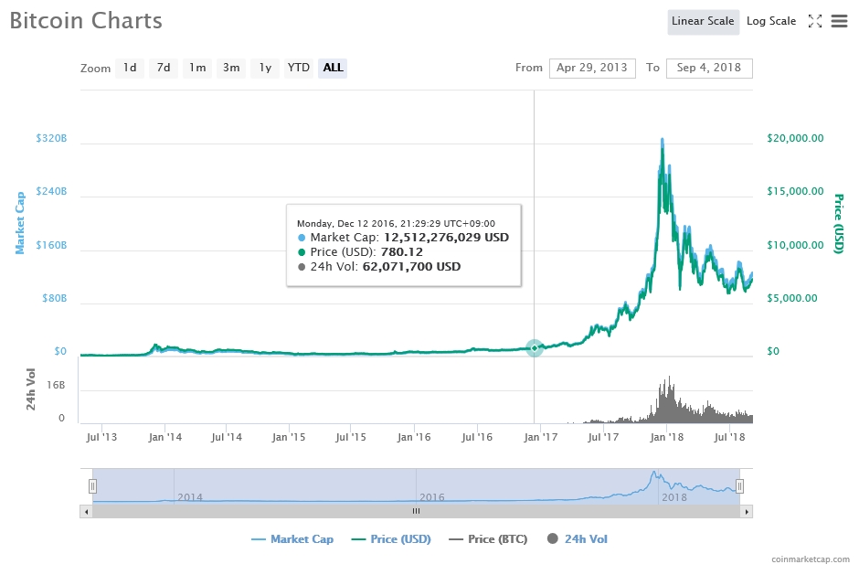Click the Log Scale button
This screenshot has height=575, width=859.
pyautogui.click(x=770, y=21)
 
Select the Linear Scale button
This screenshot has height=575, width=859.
pyautogui.click(x=703, y=21)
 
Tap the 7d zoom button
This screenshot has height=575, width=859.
pyautogui.click(x=164, y=68)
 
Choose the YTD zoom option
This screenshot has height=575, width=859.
pyautogui.click(x=298, y=68)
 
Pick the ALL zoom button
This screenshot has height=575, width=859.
pyautogui.click(x=333, y=68)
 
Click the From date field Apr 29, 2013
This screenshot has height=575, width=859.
pyautogui.click(x=592, y=68)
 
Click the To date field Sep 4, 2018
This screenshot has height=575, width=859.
pyautogui.click(x=709, y=68)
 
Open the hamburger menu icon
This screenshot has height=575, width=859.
pyautogui.click(x=839, y=21)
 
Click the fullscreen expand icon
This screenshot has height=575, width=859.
pyautogui.click(x=815, y=21)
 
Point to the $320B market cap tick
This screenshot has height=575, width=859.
pyautogui.click(x=51, y=139)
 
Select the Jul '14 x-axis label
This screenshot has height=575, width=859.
pyautogui.click(x=227, y=438)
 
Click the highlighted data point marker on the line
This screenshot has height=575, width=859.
pyautogui.click(x=535, y=348)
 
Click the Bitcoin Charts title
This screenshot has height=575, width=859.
pyautogui.click(x=86, y=20)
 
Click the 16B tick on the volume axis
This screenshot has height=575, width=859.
pyautogui.click(x=56, y=386)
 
